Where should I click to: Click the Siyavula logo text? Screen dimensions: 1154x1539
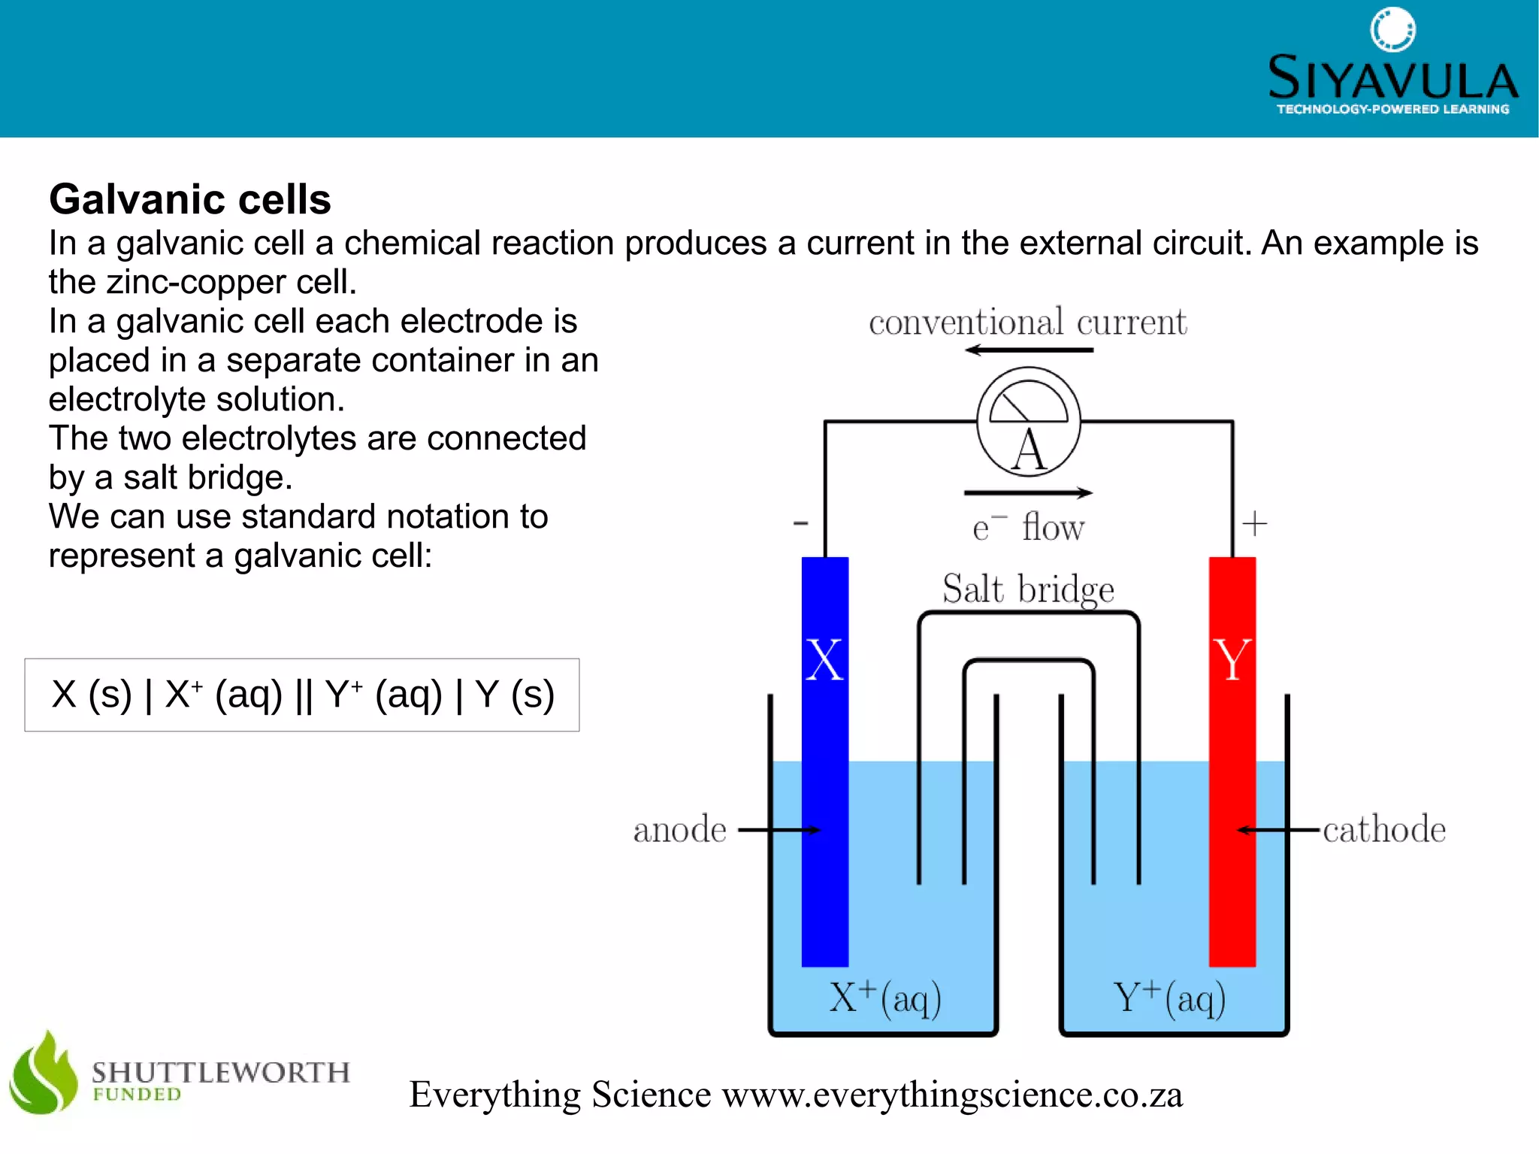pyautogui.click(x=1392, y=78)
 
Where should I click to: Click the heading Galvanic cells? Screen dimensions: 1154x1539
pyautogui.click(x=190, y=200)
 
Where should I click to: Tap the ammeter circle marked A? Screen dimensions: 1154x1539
pyautogui.click(x=1029, y=423)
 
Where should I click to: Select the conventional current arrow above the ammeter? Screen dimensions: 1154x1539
pyautogui.click(x=1029, y=350)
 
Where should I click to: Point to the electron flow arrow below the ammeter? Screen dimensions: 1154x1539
pyautogui.click(x=1028, y=493)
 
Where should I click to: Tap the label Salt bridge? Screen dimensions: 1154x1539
pyautogui.click(x=1028, y=589)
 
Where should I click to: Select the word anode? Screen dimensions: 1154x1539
pyautogui.click(x=679, y=830)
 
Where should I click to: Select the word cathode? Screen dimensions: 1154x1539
pyautogui.click(x=1384, y=830)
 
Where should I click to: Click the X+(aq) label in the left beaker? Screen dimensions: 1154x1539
pyautogui.click(x=885, y=998)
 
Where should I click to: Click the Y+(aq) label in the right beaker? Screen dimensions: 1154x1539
pyautogui.click(x=1169, y=998)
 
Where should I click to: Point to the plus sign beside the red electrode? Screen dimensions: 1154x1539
pyautogui.click(x=1254, y=523)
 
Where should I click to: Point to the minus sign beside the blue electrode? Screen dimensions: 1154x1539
pyautogui.click(x=801, y=523)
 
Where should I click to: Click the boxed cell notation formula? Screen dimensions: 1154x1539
pyautogui.click(x=302, y=695)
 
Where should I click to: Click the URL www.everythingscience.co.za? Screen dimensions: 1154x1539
pyautogui.click(x=952, y=1095)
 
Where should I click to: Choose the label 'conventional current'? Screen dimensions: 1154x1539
pyautogui.click(x=1027, y=323)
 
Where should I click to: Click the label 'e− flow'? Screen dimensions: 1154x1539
pyautogui.click(x=1028, y=528)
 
